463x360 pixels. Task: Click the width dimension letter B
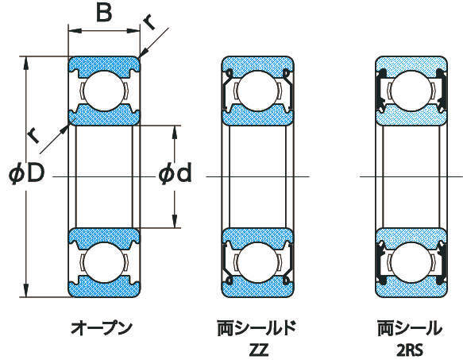[x=104, y=13]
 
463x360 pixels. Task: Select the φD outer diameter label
[x=26, y=174]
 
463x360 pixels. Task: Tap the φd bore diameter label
[x=175, y=173]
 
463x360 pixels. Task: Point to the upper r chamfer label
[x=150, y=23]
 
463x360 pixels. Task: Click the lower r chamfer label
[x=33, y=135]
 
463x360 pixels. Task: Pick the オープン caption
[x=102, y=328]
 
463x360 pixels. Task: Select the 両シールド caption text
[x=257, y=328]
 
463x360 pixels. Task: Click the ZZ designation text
[x=259, y=350]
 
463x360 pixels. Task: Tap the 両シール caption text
[x=410, y=328]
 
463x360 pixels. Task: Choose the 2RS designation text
[x=410, y=350]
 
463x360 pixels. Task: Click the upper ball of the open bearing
[x=104, y=91]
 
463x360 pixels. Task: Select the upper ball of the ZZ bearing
[x=258, y=91]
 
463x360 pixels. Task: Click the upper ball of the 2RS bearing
[x=411, y=91]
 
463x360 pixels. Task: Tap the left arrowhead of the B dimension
[x=75, y=30]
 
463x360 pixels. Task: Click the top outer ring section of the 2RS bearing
[x=411, y=66]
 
